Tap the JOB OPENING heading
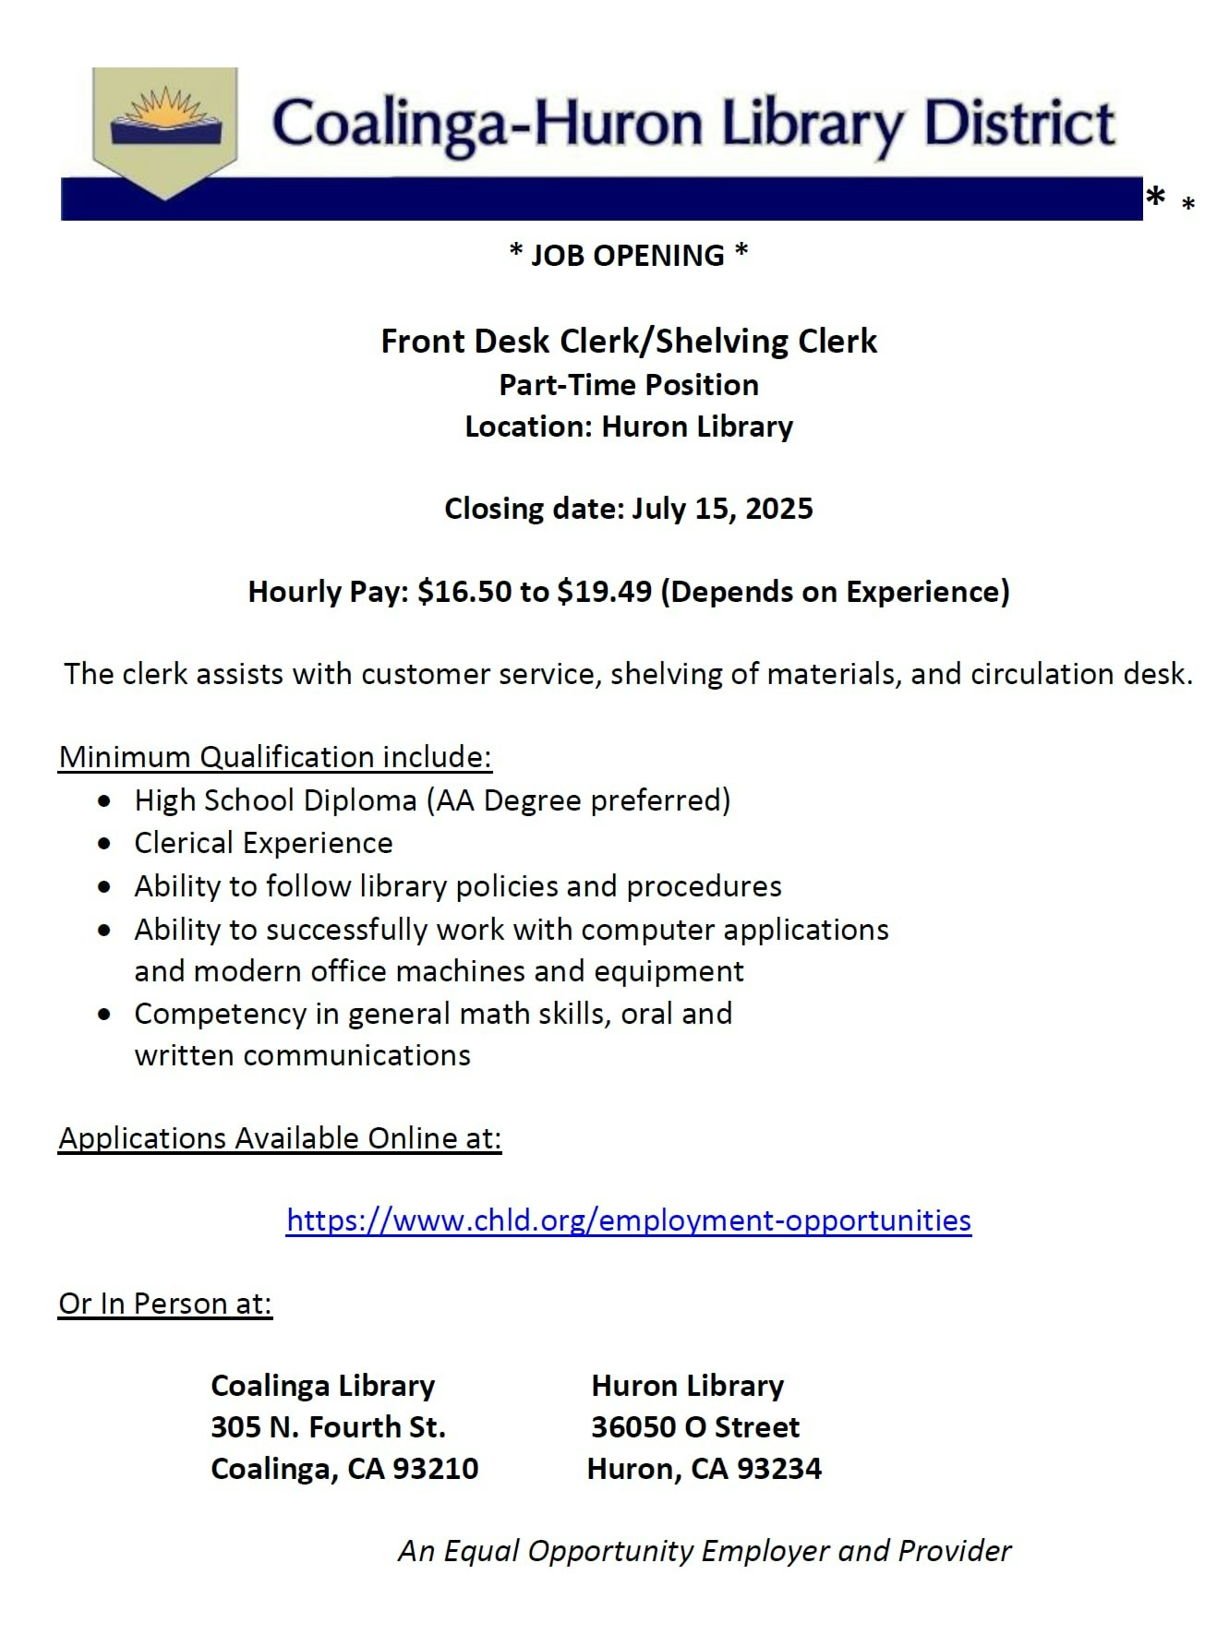[628, 255]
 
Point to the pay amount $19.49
[604, 591]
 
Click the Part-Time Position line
[628, 385]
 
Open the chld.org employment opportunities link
[628, 1220]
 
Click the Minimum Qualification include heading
[275, 757]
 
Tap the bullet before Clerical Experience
[107, 844]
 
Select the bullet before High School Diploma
[107, 800]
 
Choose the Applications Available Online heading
[280, 1138]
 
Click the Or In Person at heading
[165, 1304]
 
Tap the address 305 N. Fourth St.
[328, 1427]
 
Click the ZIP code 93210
[436, 1469]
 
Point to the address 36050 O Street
[694, 1427]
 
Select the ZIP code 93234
[778, 1469]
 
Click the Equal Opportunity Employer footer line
[705, 1551]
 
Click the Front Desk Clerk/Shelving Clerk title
[628, 342]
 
